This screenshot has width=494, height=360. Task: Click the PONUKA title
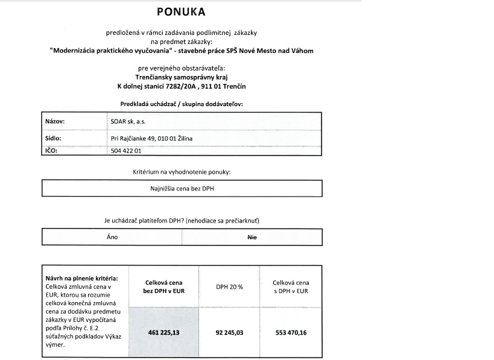pos(181,11)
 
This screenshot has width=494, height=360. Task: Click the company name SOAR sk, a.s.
pos(128,121)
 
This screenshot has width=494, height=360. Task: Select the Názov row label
pos(55,121)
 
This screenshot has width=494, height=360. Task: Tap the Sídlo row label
pos(54,138)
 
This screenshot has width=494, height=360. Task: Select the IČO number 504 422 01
pos(126,151)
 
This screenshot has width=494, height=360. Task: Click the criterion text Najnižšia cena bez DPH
pos(182,188)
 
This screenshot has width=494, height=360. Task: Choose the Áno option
pos(112,237)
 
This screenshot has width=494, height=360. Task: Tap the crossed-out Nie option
pos(252,237)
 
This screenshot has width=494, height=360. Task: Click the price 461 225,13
pos(163,331)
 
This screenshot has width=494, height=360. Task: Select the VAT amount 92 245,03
pos(229,331)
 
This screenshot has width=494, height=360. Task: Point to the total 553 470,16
pos(291,331)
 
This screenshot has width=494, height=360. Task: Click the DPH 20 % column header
pos(229,286)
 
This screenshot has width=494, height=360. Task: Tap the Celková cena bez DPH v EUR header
pos(163,286)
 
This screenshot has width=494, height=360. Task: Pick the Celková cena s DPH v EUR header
pos(291,286)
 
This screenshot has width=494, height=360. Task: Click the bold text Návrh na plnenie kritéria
pos(81,278)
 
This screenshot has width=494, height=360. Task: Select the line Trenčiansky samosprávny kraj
pos(181,77)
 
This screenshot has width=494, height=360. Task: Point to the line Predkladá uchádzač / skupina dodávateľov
pos(181,104)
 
